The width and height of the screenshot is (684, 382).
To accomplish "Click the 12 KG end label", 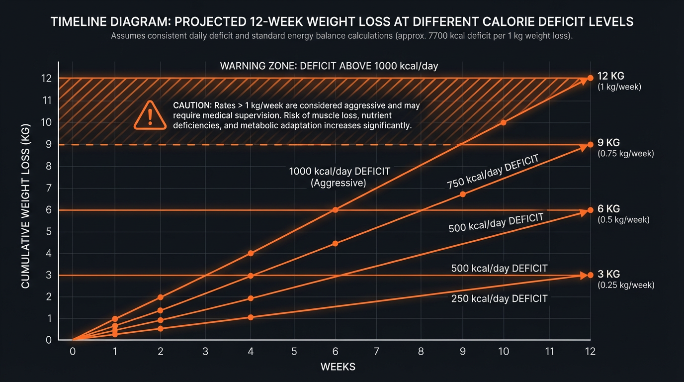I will tap(611, 76).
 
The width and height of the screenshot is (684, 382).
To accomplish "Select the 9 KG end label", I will tap(608, 143).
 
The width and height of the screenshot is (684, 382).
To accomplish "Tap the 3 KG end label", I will tap(608, 274).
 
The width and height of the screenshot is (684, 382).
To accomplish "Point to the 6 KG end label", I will tap(608, 208).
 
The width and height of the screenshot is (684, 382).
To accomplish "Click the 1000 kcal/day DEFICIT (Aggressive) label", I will tap(340, 177).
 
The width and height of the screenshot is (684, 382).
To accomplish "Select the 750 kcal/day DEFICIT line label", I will tap(493, 172).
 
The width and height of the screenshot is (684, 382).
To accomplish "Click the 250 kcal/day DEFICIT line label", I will tap(499, 298).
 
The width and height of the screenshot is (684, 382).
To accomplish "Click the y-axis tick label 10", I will tap(47, 122).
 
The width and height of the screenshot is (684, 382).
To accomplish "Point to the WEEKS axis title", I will tap(338, 367).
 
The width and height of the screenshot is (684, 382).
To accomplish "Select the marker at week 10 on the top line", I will tap(503, 122).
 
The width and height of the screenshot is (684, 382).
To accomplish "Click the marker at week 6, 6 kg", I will tap(335, 210).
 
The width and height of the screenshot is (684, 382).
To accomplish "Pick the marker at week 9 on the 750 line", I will tap(463, 194).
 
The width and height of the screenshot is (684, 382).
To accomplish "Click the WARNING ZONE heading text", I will tap(329, 66).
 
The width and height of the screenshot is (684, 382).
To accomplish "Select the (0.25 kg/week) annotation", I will tap(625, 286).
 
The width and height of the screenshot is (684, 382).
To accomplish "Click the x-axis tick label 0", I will tap(73, 351).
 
